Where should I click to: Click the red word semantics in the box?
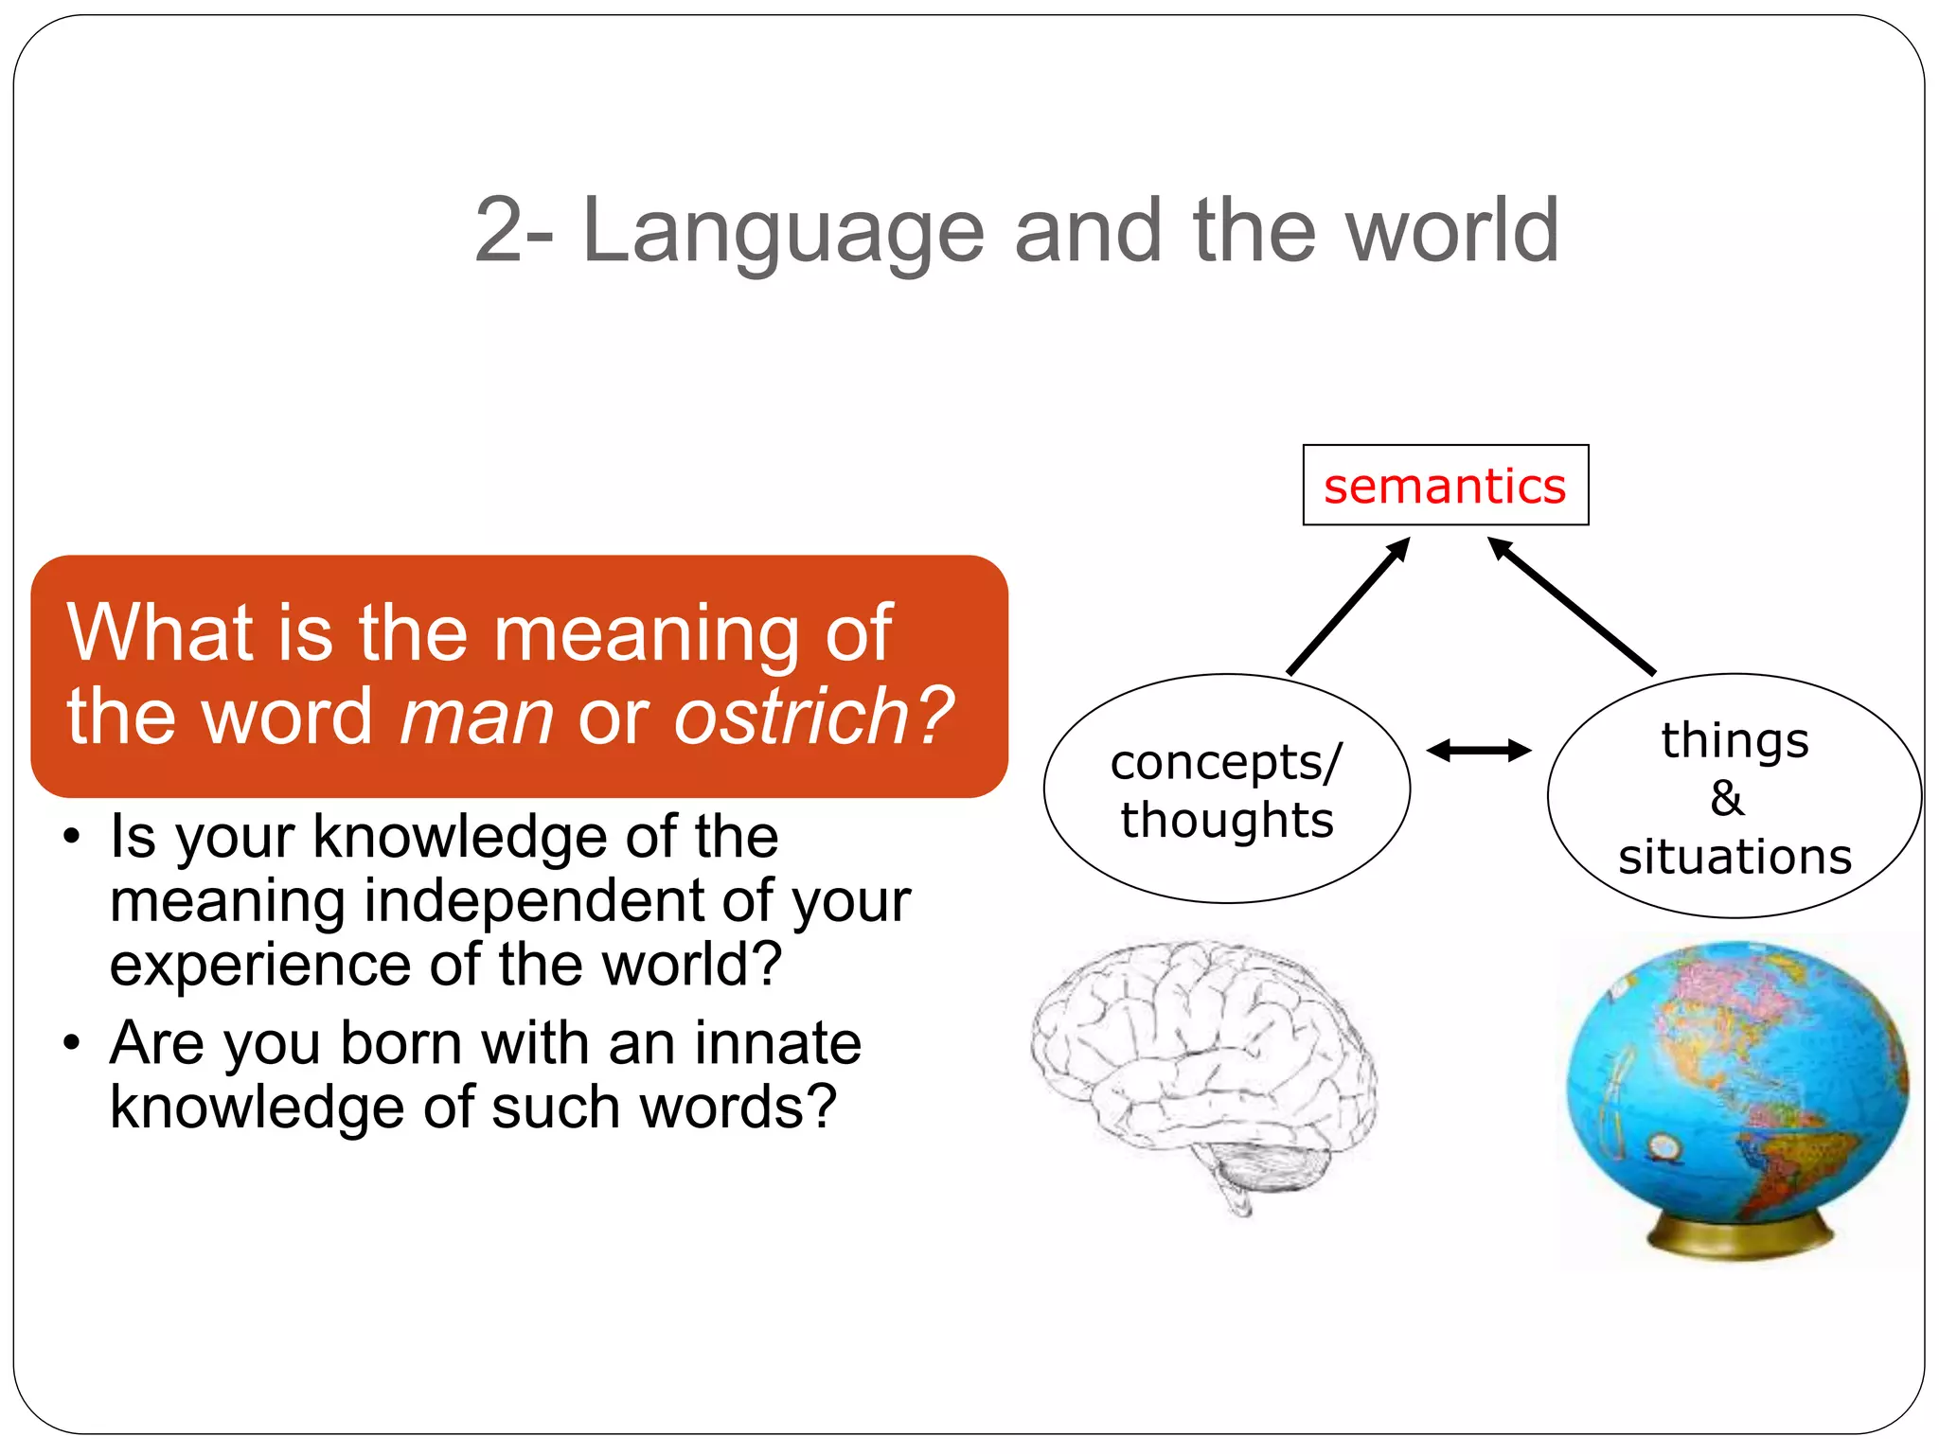[1445, 487]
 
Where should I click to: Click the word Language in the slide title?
[782, 232]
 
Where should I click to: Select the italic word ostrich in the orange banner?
[793, 717]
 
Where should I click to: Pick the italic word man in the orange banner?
[476, 718]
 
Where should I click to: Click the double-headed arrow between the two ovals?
[1479, 751]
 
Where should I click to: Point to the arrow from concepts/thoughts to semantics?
[1348, 607]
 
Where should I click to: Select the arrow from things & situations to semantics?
[1572, 606]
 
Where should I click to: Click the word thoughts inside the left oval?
[1227, 820]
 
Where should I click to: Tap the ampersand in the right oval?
[1727, 798]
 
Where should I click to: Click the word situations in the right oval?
[1734, 857]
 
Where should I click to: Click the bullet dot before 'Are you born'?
[72, 1043]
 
